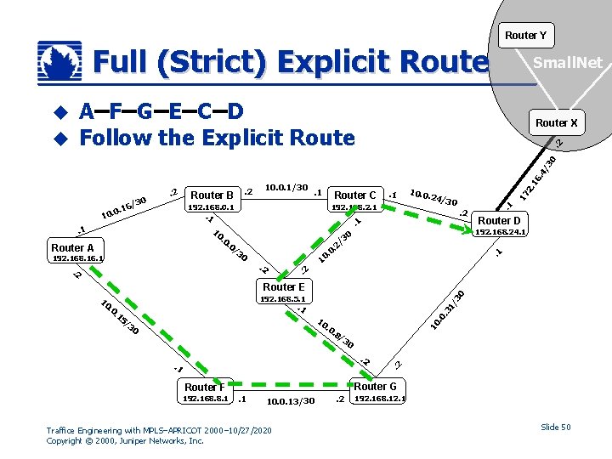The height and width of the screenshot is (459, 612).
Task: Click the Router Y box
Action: [x=524, y=35]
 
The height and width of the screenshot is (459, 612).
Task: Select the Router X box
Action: [x=556, y=122]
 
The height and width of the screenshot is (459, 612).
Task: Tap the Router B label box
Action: [x=212, y=195]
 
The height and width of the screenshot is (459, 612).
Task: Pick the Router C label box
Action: [x=355, y=195]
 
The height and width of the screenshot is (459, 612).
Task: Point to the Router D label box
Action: [x=499, y=220]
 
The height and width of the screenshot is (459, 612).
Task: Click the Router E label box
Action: [x=284, y=286]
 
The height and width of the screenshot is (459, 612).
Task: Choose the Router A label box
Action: [x=73, y=247]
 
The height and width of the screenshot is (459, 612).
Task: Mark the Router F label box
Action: [x=205, y=387]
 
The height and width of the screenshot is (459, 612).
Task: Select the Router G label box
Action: [x=375, y=386]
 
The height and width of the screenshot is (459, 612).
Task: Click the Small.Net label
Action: [x=567, y=63]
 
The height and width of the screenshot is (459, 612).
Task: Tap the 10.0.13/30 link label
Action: [x=290, y=400]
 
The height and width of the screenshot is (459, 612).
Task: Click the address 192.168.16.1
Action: [x=77, y=258]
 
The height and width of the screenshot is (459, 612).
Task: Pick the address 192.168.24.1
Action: [x=501, y=230]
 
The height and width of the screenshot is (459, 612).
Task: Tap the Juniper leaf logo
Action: [x=60, y=62]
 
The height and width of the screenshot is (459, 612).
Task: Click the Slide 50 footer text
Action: [x=555, y=427]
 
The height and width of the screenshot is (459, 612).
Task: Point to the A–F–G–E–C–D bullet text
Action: [x=161, y=111]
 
